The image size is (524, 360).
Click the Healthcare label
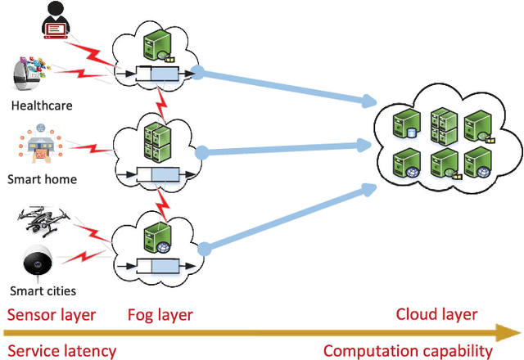coord(42,106)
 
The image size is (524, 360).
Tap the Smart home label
coord(42,179)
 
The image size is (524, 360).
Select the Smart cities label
coord(43,291)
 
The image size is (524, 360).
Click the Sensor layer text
coord(52,315)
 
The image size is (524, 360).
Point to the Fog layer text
coord(160,315)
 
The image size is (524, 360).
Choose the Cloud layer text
coord(436,314)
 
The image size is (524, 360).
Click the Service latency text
coord(62,351)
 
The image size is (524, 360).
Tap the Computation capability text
coord(408,351)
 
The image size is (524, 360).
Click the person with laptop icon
coord(56,20)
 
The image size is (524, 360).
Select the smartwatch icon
coord(31,74)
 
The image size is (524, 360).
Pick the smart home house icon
coord(41,143)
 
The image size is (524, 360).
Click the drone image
coord(43,221)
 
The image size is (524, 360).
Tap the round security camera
coord(38,261)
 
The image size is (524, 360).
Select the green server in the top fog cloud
coord(158,45)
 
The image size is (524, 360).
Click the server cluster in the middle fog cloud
coord(157,142)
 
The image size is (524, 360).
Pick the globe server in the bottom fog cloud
coord(158,239)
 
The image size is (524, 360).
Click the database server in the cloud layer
coord(406,124)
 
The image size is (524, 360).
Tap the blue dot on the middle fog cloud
coord(201,153)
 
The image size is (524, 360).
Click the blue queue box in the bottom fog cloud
coord(165,266)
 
